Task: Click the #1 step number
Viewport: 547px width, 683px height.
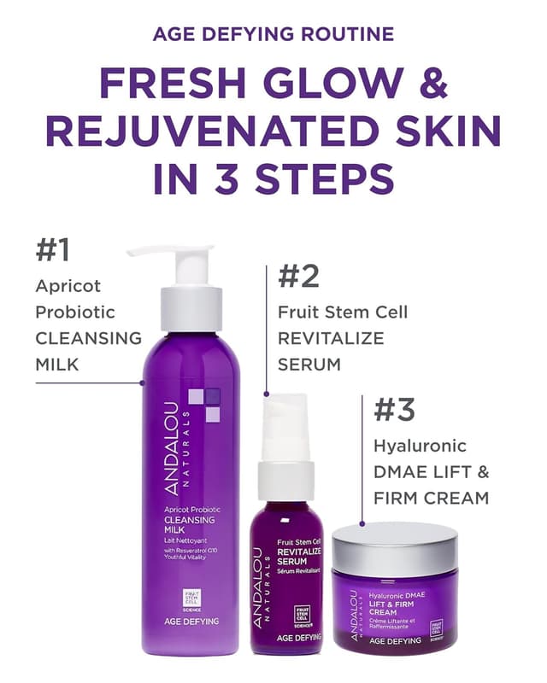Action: point(52,250)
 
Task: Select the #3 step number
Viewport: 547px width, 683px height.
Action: point(394,410)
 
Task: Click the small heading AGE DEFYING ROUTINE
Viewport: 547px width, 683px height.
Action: point(273,34)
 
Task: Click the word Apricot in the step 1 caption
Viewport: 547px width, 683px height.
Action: point(68,285)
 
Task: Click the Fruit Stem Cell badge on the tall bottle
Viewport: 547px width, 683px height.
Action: point(188,597)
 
